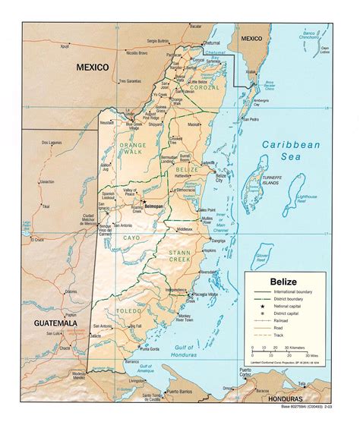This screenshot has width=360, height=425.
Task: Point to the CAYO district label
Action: click(131, 238)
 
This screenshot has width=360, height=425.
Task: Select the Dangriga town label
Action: click(218, 241)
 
